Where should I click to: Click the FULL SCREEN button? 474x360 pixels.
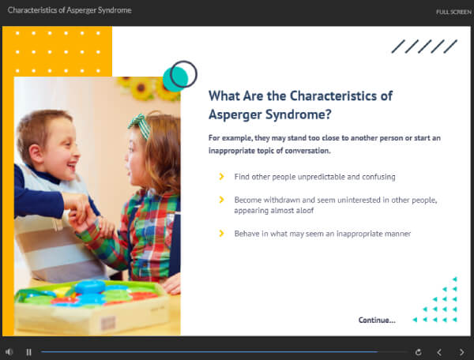tap(453, 12)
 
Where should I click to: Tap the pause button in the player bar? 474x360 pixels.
tap(28, 352)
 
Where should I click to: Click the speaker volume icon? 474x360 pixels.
tap(9, 352)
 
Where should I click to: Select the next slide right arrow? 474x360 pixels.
tap(461, 352)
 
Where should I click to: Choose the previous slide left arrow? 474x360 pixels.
tap(439, 352)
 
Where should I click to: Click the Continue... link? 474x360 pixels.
tap(377, 321)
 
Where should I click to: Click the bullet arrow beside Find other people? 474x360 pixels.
tap(221, 176)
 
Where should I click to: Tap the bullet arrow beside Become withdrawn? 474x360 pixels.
tap(221, 200)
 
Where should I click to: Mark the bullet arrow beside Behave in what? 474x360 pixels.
tap(221, 234)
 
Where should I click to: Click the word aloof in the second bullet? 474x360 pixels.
tap(305, 211)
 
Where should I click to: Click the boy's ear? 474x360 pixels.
tap(36, 153)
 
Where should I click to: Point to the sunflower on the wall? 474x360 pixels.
tap(141, 88)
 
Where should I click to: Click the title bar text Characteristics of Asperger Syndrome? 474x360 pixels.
tap(70, 10)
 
